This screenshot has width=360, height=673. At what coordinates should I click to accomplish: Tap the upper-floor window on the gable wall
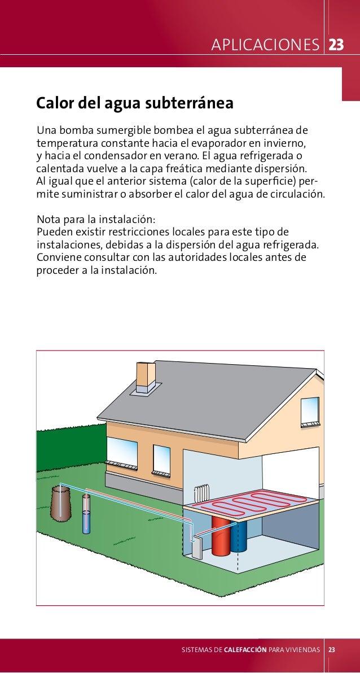(310, 410)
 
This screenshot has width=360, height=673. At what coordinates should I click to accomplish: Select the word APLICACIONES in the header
(265, 45)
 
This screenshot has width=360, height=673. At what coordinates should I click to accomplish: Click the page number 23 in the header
(336, 45)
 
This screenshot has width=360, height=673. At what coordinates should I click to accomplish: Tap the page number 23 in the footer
(332, 650)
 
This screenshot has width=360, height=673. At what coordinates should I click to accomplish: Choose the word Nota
(49, 219)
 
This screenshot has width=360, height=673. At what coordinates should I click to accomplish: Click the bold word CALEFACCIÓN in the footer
(245, 650)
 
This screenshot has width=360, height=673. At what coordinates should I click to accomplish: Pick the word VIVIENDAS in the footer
(306, 650)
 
